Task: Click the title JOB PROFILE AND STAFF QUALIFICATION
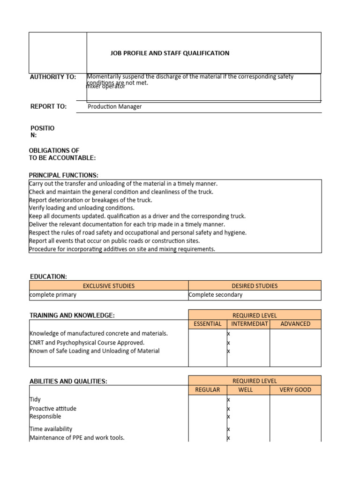(x=170, y=53)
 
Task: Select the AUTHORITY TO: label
(x=53, y=77)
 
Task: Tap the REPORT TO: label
(x=48, y=106)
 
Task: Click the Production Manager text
(x=115, y=106)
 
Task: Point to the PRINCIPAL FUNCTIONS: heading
(x=64, y=175)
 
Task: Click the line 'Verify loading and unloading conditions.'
(x=82, y=208)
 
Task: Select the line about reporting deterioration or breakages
(x=90, y=200)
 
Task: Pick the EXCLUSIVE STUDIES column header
(x=109, y=285)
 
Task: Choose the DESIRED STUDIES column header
(x=255, y=285)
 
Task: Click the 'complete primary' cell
(x=53, y=295)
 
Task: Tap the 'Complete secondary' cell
(x=216, y=295)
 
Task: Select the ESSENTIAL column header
(x=208, y=324)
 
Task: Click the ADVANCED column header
(x=295, y=324)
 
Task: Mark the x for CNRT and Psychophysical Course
(x=229, y=343)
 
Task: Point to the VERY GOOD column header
(x=295, y=390)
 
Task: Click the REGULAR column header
(x=208, y=390)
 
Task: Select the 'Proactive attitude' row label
(x=53, y=408)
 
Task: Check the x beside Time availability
(x=229, y=429)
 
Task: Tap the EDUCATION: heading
(x=48, y=277)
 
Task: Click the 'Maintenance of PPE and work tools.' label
(x=77, y=438)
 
